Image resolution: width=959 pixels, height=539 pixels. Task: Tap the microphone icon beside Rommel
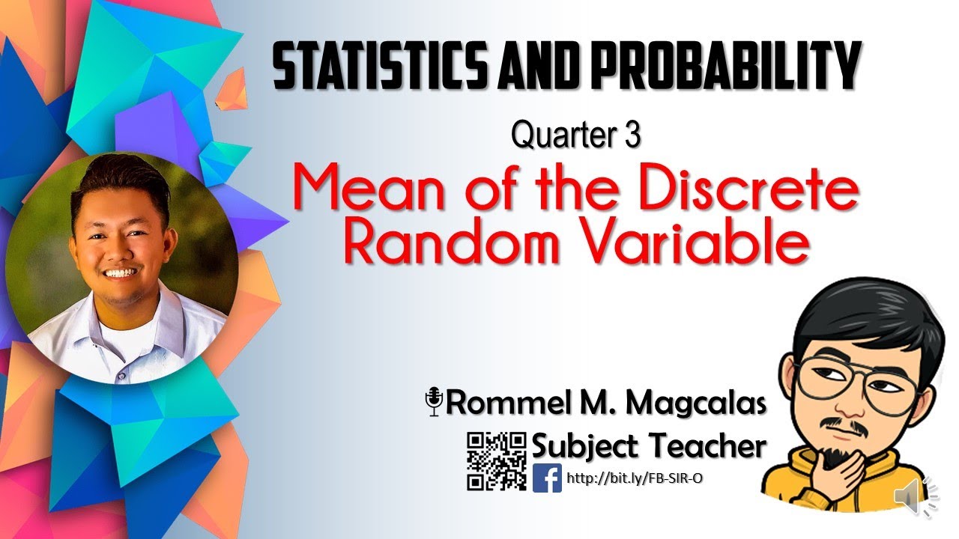click(434, 401)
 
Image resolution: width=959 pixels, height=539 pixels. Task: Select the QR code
click(496, 461)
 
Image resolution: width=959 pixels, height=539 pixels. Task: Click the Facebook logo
click(547, 478)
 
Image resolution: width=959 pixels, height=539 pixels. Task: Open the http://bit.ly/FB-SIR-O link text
click(635, 478)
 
